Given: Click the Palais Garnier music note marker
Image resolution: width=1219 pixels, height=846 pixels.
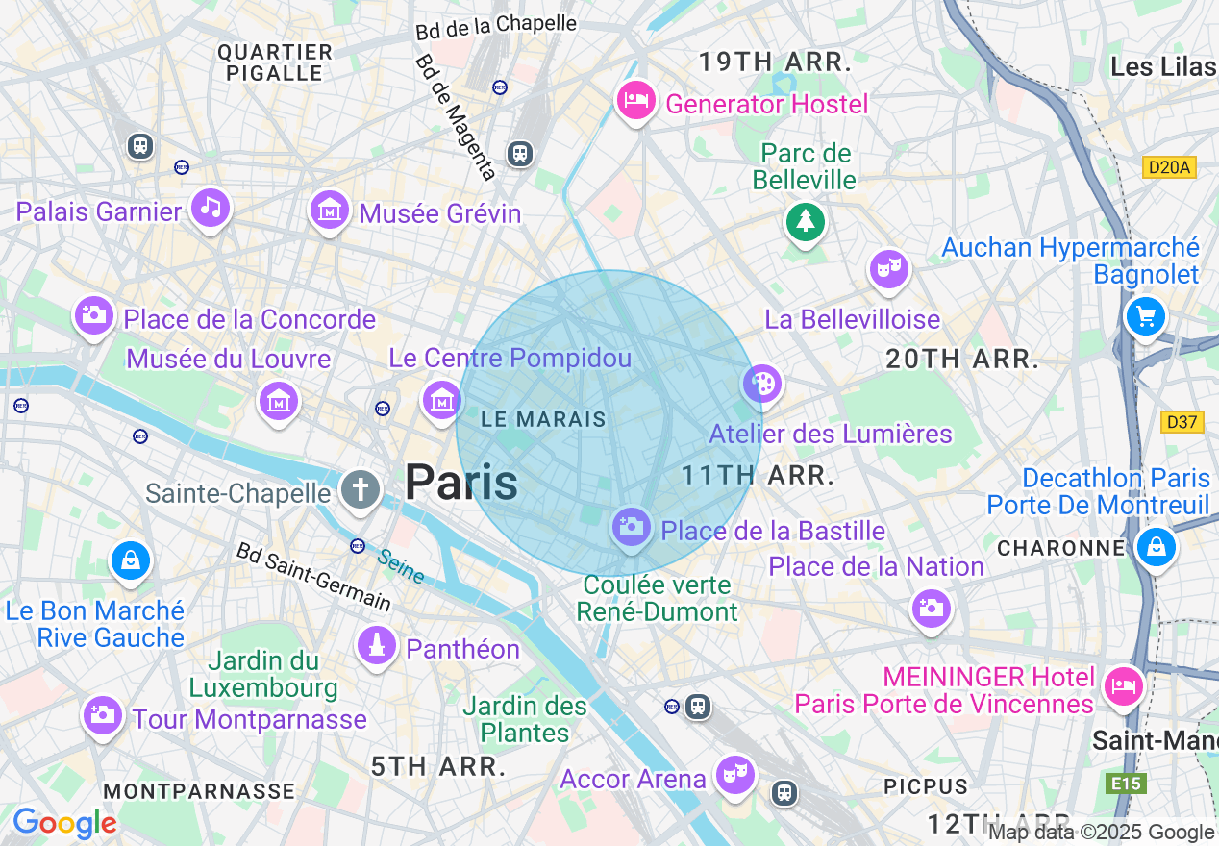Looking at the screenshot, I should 211,207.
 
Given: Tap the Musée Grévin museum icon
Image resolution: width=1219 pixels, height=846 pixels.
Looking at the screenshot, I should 330,209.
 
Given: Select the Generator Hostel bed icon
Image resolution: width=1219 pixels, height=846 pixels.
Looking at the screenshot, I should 635,99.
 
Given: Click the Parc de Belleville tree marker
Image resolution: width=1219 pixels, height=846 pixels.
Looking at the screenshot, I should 805,222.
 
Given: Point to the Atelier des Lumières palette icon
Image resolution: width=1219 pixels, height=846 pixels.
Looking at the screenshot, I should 761,385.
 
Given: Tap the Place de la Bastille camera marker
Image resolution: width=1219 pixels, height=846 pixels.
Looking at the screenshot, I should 631,527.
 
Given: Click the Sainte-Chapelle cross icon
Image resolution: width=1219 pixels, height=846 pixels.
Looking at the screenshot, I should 360,489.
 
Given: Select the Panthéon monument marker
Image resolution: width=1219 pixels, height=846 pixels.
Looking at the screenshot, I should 377,644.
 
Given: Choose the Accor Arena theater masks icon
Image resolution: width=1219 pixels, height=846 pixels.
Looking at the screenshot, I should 735,774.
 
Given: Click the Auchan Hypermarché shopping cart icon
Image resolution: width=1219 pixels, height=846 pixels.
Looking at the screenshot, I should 1145,315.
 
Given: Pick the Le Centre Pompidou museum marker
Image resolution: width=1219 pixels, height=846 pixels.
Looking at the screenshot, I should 442,399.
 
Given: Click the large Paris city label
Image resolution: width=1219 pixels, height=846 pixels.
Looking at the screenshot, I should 461,482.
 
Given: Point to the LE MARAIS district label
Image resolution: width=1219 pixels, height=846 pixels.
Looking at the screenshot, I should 543,419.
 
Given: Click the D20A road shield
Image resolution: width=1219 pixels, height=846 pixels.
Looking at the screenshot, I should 1169,168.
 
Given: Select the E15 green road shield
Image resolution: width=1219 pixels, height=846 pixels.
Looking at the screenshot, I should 1126,784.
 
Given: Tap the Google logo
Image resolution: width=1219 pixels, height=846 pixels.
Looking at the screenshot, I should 63,823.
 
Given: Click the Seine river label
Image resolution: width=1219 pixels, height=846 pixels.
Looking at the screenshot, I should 400,566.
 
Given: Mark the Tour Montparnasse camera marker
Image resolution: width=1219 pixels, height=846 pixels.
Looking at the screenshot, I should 101,714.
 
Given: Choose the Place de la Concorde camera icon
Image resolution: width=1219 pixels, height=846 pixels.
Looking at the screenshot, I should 93,314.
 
